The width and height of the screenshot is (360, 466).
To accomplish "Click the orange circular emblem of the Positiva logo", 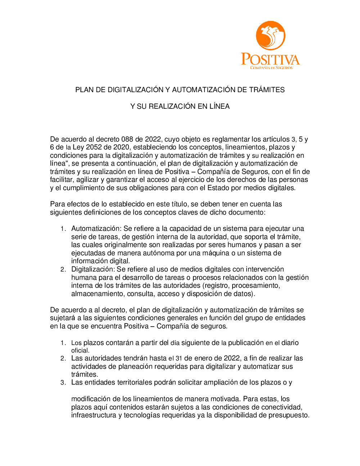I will [270, 35].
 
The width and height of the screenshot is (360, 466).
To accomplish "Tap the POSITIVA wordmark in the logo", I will [270, 59].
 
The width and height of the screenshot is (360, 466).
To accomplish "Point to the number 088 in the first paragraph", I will [127, 139].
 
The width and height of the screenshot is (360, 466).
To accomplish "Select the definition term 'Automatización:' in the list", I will [96, 229].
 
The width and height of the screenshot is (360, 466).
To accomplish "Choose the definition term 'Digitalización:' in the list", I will [93, 269].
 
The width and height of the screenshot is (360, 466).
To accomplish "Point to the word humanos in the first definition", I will [242, 245].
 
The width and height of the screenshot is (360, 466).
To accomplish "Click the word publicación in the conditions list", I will [246, 343].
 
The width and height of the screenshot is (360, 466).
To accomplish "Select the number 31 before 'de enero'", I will [179, 358].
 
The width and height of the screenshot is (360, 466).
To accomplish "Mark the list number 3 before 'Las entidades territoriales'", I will [63, 382].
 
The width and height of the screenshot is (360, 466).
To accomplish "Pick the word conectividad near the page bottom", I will [282, 407].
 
